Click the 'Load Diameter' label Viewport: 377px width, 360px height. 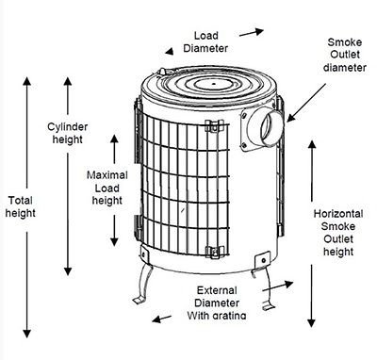click(205, 41)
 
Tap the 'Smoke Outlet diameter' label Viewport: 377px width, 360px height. click(345, 55)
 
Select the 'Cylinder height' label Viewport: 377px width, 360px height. click(68, 133)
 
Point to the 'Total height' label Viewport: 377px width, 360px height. click(21, 206)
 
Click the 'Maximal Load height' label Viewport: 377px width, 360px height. click(107, 188)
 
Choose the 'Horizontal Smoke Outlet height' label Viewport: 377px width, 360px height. click(338, 233)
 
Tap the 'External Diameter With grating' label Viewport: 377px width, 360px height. click(217, 303)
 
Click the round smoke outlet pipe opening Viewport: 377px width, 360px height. click(272, 127)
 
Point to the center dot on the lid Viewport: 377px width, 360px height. click(214, 84)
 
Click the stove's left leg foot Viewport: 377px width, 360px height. click(139, 300)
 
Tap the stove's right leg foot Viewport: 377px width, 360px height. click(269, 305)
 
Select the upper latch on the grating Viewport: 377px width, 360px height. click(214, 126)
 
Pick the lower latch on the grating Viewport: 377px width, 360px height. click(215, 252)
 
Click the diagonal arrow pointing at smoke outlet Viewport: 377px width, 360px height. click(306, 103)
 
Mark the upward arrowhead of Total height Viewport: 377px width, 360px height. click(27, 81)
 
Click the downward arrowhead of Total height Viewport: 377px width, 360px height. click(27, 333)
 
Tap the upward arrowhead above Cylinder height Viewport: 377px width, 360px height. click(68, 81)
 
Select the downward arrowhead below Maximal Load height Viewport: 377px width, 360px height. click(114, 241)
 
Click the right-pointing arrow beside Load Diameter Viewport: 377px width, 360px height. click(252, 32)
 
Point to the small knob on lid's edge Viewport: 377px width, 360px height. click(162, 72)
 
